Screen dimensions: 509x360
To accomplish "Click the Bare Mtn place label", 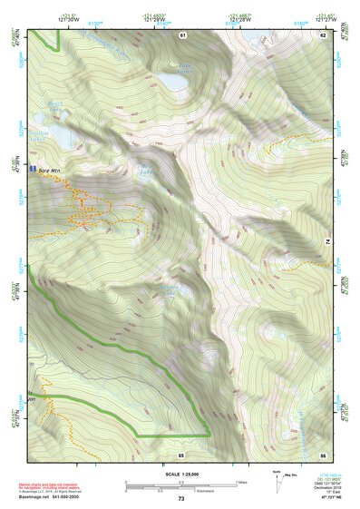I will click(49, 170).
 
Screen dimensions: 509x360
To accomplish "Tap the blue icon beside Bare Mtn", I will click(34, 170).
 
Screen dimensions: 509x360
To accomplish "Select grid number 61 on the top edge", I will click(182, 34).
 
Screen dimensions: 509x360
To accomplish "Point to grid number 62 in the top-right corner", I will click(322, 34).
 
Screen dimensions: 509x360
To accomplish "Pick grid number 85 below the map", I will click(181, 454).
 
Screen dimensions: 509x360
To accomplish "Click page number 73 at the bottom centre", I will click(180, 499).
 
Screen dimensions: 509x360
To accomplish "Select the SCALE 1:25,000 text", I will click(180, 474).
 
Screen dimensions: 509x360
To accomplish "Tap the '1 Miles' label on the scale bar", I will click(241, 481).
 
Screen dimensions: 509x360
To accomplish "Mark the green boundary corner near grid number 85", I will click(210, 436).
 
